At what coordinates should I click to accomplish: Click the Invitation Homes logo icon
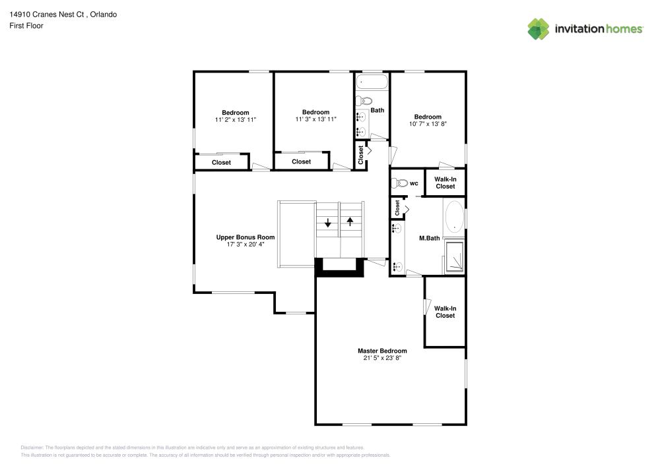538,28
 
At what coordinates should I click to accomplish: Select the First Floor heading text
26,26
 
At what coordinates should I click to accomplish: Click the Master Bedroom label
382,351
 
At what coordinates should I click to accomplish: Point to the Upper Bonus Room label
246,237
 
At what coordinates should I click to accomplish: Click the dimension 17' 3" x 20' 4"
246,244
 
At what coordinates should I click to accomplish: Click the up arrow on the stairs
350,221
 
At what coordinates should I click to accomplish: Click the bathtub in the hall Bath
372,82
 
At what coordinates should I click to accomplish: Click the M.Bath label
430,238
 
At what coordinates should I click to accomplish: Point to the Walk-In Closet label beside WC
445,183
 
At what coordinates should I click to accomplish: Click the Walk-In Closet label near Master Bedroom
445,312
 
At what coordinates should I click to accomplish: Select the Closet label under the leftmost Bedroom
221,162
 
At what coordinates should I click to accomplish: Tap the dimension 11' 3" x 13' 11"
315,119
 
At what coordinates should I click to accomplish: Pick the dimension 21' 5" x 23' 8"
382,358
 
